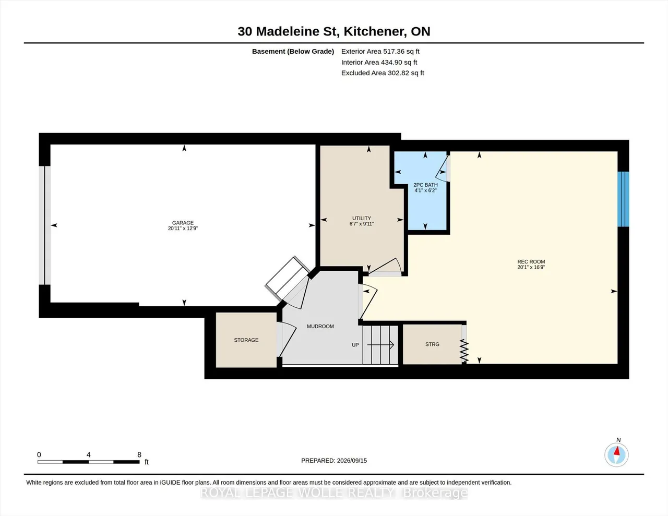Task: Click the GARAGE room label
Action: [183, 223]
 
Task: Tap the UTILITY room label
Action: [362, 218]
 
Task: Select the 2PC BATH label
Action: [425, 185]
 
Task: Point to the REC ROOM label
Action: [531, 262]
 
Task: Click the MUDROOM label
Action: [320, 327]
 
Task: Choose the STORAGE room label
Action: [246, 340]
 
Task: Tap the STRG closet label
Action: [432, 344]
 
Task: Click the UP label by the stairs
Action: [355, 345]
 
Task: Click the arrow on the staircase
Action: [380, 345]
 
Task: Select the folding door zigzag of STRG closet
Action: [464, 351]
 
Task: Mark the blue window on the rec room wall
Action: [623, 199]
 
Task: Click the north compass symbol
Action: [616, 454]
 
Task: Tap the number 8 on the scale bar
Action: [139, 454]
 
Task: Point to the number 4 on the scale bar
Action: [89, 454]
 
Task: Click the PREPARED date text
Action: [334, 460]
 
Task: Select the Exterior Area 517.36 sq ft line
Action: [380, 51]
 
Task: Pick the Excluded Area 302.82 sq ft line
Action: [383, 73]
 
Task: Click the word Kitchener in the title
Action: [374, 31]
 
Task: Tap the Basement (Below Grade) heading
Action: [293, 51]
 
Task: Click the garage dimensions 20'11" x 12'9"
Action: [183, 229]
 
